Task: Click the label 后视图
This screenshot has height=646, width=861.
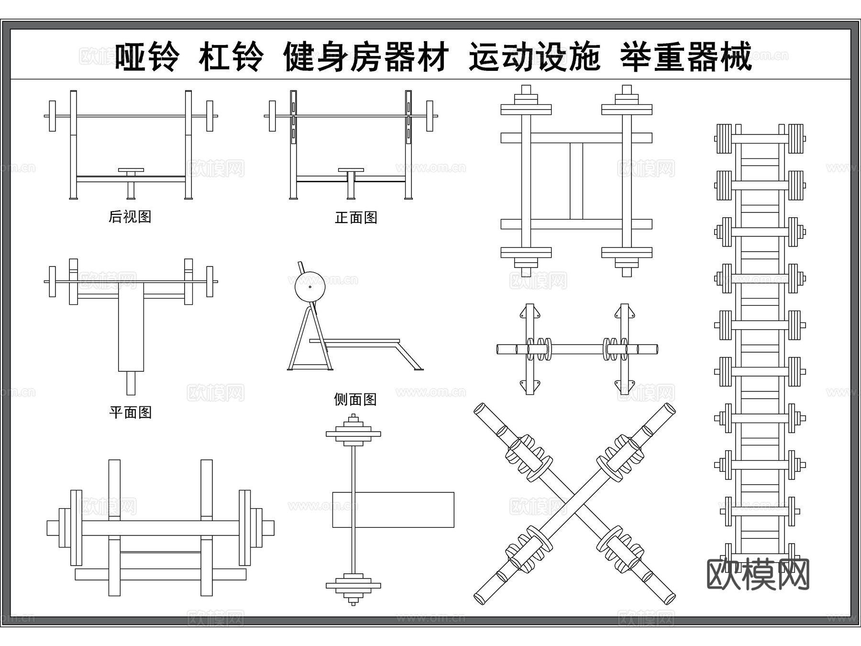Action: [x=130, y=217]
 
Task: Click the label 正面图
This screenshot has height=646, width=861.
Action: [x=356, y=218]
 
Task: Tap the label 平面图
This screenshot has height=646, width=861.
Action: [x=130, y=412]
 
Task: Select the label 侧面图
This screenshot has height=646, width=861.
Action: [x=355, y=399]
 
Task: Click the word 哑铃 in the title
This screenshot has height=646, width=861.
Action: [x=147, y=57]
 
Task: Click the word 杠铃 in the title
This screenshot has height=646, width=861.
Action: [x=231, y=57]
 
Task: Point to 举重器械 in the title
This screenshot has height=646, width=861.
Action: [x=686, y=57]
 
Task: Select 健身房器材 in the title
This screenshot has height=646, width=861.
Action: [x=366, y=57]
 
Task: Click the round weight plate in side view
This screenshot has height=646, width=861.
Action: [x=310, y=287]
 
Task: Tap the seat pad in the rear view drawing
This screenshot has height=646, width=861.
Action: [x=131, y=170]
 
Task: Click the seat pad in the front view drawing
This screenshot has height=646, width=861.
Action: [x=351, y=170]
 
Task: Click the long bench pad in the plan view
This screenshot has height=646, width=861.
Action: [x=131, y=330]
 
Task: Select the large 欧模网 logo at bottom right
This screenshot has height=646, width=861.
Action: [x=758, y=574]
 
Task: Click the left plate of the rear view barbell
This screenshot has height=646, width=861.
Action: [x=52, y=116]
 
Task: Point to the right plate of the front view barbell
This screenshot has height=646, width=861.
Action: [x=430, y=116]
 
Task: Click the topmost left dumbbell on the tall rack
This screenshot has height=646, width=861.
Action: [x=724, y=139]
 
